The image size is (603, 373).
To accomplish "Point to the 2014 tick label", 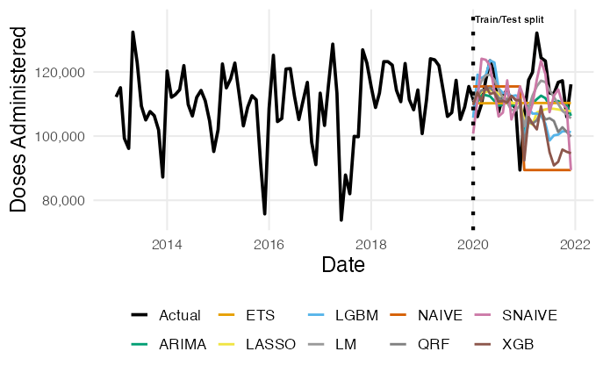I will click(167, 244).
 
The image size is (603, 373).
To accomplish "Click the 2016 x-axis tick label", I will click(269, 244).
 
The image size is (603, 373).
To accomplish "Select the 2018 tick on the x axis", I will click(371, 244).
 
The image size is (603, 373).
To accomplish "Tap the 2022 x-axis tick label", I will click(575, 244).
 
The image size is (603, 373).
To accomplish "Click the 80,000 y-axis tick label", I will click(69, 201).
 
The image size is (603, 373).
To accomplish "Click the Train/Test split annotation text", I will click(509, 19).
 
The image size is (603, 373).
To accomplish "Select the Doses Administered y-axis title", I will click(19, 118).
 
